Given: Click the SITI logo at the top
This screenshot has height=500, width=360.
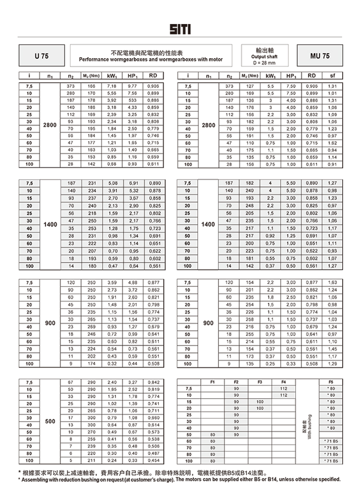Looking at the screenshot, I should click(180, 30).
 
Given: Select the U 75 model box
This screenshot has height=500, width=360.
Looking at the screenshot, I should click(42, 56).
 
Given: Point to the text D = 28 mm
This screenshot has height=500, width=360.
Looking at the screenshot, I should click(264, 63).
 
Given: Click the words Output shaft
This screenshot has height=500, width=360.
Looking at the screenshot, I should click(264, 57).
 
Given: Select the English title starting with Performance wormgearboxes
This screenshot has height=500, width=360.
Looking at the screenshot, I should click(151, 60).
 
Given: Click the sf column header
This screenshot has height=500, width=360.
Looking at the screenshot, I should click(332, 75).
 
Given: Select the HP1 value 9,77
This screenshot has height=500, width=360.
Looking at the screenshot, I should click(133, 85).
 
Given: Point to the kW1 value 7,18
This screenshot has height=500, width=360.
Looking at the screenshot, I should click(112, 85).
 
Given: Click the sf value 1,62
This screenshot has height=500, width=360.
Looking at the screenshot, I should click(332, 143).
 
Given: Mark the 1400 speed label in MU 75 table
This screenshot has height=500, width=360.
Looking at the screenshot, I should click(208, 224).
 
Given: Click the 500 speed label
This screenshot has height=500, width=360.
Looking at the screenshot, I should click(50, 421).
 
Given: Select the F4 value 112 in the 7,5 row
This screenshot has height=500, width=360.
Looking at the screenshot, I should click(283, 388).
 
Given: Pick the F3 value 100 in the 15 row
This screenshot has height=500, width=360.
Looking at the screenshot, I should click(260, 401).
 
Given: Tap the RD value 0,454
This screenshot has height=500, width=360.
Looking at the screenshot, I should click(153, 461).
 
